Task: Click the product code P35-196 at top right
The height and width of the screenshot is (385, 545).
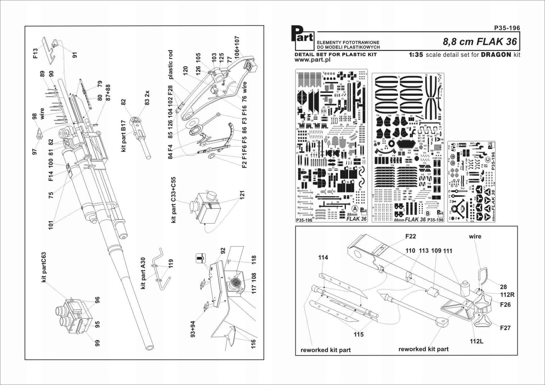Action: click(507, 28)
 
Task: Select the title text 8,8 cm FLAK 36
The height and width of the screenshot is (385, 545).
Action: click(480, 42)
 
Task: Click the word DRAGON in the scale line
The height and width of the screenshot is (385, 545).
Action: click(496, 55)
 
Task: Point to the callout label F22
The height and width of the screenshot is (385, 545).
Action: click(411, 236)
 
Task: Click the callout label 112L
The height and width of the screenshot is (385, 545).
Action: click(476, 341)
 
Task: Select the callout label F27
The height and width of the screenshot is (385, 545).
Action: click(505, 328)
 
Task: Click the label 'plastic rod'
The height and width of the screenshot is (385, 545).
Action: click(170, 65)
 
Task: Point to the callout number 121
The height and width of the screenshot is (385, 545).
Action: click(242, 195)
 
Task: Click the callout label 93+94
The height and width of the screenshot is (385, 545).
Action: click(193, 329)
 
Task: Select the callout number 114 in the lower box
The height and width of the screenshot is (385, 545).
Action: click(323, 257)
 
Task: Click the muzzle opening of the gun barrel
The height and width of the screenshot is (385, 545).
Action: click(150, 347)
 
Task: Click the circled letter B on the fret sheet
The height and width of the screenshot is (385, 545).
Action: click(427, 213)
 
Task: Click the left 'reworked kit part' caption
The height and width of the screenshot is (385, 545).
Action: click(325, 350)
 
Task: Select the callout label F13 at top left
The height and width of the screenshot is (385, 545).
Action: click(35, 54)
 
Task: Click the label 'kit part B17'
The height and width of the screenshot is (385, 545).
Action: click(124, 136)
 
